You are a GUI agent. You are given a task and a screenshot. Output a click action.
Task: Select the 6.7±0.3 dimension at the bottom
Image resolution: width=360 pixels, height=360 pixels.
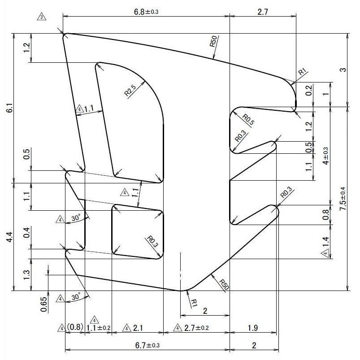147,345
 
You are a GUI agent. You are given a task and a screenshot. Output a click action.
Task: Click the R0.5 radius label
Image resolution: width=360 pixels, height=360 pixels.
248,119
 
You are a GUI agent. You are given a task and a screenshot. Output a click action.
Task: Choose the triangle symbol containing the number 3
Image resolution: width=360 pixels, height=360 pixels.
42,17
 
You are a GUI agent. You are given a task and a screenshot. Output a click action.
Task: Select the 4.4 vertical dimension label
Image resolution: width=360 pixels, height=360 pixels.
9,236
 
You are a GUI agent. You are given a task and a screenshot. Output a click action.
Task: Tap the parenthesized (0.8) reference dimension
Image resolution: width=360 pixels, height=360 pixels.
75,328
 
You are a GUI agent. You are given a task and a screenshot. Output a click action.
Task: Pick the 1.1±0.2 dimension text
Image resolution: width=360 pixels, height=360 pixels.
98,328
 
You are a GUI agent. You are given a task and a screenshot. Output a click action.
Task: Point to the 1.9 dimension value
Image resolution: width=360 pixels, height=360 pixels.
252,328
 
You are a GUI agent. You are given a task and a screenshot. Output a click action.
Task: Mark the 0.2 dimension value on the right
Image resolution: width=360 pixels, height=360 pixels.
308,90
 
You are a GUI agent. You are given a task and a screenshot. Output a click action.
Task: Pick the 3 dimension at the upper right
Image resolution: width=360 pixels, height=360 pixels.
343,70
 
